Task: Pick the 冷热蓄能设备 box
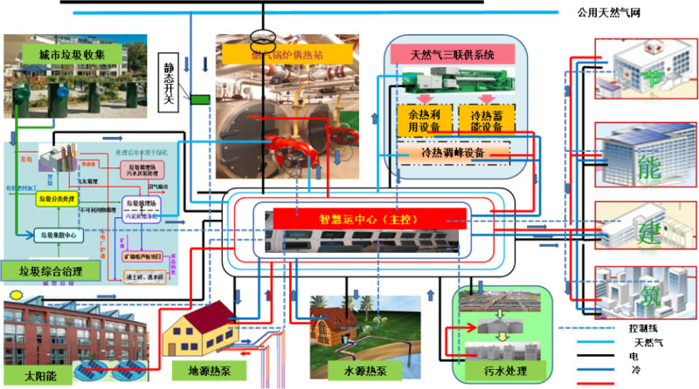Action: (486, 119)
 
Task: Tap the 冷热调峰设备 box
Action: (453, 153)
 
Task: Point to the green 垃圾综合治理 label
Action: (45, 272)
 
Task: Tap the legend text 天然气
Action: (643, 343)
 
